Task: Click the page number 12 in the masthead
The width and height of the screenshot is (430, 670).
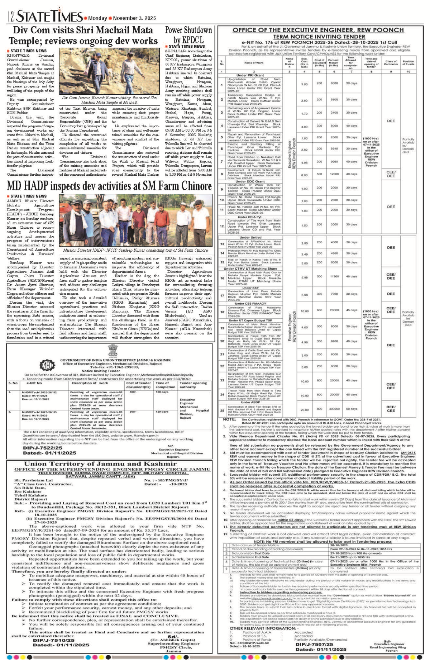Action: pyautogui.click(x=11, y=16)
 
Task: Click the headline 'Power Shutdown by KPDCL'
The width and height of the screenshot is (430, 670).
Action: pyautogui.click(x=188, y=35)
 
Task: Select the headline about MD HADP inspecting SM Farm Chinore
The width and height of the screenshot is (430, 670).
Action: pyautogui.click(x=109, y=186)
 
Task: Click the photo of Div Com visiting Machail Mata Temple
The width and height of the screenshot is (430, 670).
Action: pyautogui.click(x=109, y=72)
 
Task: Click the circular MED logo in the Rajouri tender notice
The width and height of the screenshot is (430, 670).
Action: pyautogui.click(x=47, y=365)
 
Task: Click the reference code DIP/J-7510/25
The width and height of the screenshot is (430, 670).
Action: pyautogui.click(x=53, y=640)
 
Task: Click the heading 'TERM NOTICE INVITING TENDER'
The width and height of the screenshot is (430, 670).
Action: pyautogui.click(x=319, y=37)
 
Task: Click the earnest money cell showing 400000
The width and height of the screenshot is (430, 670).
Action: pyautogui.click(x=334, y=409)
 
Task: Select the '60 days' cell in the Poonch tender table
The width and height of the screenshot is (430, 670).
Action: pyautogui.click(x=351, y=409)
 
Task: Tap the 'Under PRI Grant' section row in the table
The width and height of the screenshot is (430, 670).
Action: pyautogui.click(x=250, y=75)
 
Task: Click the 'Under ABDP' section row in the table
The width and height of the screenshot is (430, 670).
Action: pyautogui.click(x=250, y=402)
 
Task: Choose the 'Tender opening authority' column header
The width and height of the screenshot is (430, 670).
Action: pyautogui.click(x=193, y=385)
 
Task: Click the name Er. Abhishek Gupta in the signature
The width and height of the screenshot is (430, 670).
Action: pyautogui.click(x=173, y=640)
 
